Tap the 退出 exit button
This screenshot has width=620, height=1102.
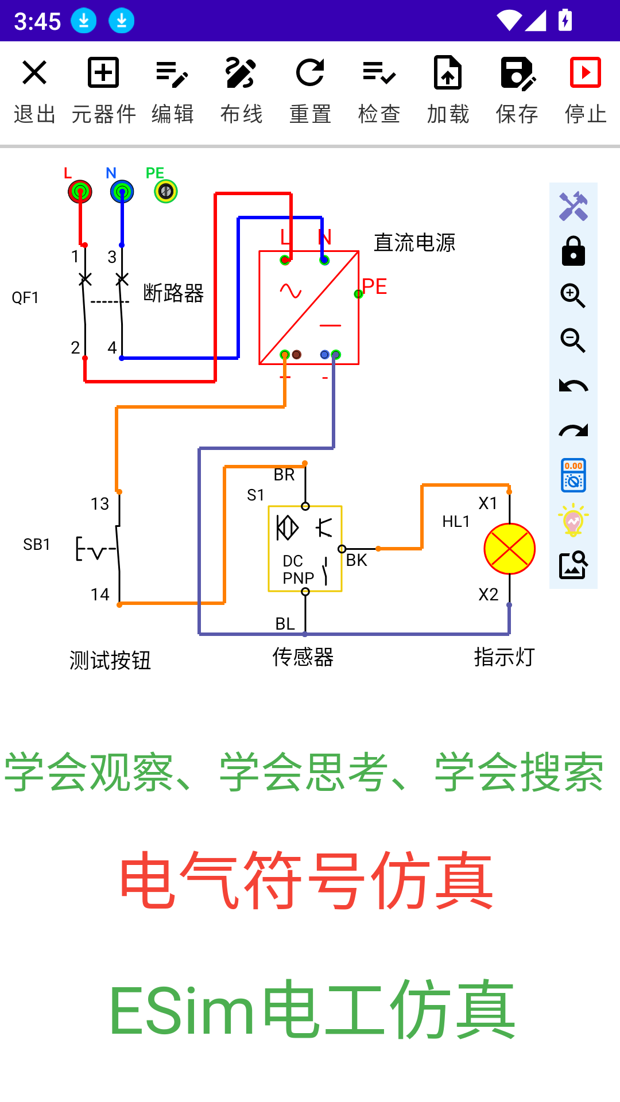(x=34, y=89)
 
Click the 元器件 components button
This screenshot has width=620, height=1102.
(x=103, y=89)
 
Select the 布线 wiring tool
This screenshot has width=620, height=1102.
(x=241, y=89)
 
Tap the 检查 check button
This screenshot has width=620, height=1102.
(x=379, y=89)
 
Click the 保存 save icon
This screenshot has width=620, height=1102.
(x=517, y=89)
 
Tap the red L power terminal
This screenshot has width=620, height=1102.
(x=80, y=191)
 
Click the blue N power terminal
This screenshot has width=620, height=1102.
(x=122, y=191)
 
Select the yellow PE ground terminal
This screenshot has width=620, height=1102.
(x=166, y=191)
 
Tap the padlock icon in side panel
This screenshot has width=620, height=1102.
(x=573, y=251)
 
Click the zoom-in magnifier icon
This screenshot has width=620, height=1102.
(x=573, y=296)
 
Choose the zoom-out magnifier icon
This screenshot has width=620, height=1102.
(x=573, y=341)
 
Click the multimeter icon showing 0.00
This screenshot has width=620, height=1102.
(x=573, y=475)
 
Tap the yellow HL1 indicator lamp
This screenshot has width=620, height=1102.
(x=509, y=549)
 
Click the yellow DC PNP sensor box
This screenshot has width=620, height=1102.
(x=305, y=549)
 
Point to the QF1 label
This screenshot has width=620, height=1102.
(x=25, y=298)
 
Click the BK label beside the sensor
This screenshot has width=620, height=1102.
(x=356, y=560)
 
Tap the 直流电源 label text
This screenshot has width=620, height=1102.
(x=414, y=243)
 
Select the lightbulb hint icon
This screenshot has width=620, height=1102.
(x=573, y=520)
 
